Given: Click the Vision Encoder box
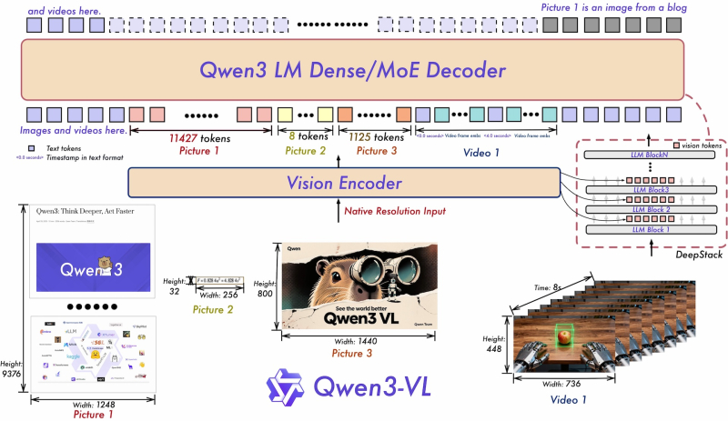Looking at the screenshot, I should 344,184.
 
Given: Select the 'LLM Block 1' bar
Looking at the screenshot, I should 650,229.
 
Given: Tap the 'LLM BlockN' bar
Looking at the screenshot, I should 650,155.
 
